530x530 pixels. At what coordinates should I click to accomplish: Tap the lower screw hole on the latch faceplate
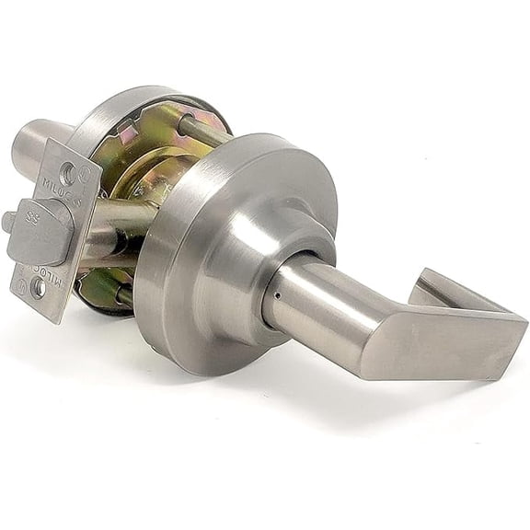click(38, 288)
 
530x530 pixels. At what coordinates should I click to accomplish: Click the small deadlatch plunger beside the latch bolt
click(9, 222)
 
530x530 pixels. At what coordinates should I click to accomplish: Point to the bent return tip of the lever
click(440, 286)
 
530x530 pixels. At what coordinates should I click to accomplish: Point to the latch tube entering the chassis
click(124, 221)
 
